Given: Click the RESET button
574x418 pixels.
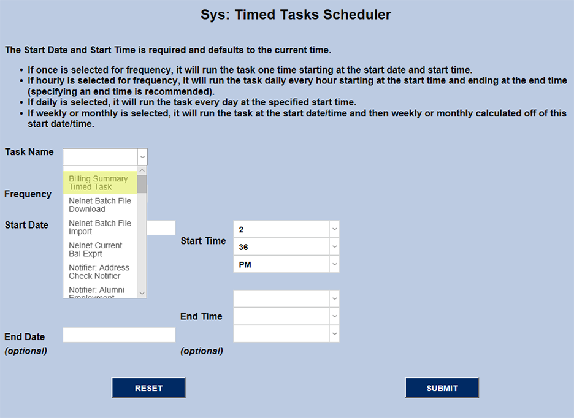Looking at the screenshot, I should pyautogui.click(x=148, y=388).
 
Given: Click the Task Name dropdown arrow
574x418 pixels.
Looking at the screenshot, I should pyautogui.click(x=142, y=157).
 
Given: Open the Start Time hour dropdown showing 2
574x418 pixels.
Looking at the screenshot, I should pyautogui.click(x=286, y=229).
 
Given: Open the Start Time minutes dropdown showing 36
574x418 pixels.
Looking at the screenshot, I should pyautogui.click(x=286, y=246).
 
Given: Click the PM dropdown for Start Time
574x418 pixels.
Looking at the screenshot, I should pyautogui.click(x=286, y=264).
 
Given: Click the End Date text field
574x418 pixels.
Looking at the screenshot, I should pyautogui.click(x=119, y=335).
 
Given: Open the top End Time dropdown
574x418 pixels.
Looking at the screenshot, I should pyautogui.click(x=286, y=298).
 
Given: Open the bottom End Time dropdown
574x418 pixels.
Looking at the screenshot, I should pyautogui.click(x=286, y=333).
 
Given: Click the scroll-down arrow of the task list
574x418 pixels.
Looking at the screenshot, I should pyautogui.click(x=142, y=293).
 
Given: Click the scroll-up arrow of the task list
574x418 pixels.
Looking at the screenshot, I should pyautogui.click(x=142, y=170).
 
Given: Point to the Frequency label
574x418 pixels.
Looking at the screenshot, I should pyautogui.click(x=28, y=194).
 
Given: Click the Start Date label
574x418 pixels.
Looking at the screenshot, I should pyautogui.click(x=26, y=225).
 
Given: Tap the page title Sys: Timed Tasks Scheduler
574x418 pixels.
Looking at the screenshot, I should pyautogui.click(x=296, y=15).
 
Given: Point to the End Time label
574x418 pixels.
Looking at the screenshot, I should pyautogui.click(x=201, y=316).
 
